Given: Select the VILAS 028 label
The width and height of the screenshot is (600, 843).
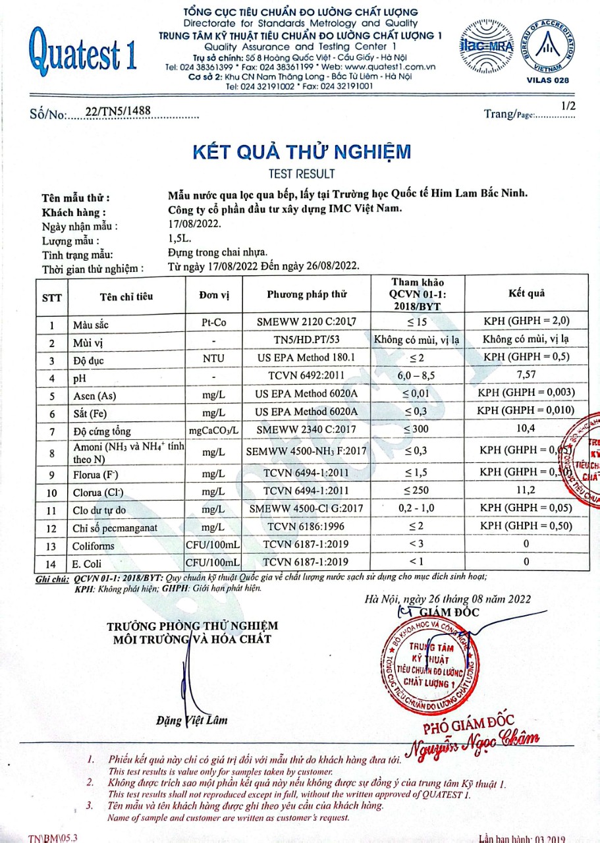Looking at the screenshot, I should [x=548, y=80].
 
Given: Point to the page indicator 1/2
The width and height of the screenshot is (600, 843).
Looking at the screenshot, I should [x=568, y=105].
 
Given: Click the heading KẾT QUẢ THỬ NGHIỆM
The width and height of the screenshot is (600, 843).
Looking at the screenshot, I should [x=302, y=151].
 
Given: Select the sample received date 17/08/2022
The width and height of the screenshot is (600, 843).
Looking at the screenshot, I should [x=194, y=226].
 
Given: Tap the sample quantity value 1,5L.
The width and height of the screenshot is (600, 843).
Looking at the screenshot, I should [x=180, y=240].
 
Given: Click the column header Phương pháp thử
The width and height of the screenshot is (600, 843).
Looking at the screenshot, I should [x=307, y=294].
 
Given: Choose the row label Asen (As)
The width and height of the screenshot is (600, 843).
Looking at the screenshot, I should [x=95, y=396].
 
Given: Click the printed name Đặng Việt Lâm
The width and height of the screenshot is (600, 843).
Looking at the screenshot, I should [x=192, y=720].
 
